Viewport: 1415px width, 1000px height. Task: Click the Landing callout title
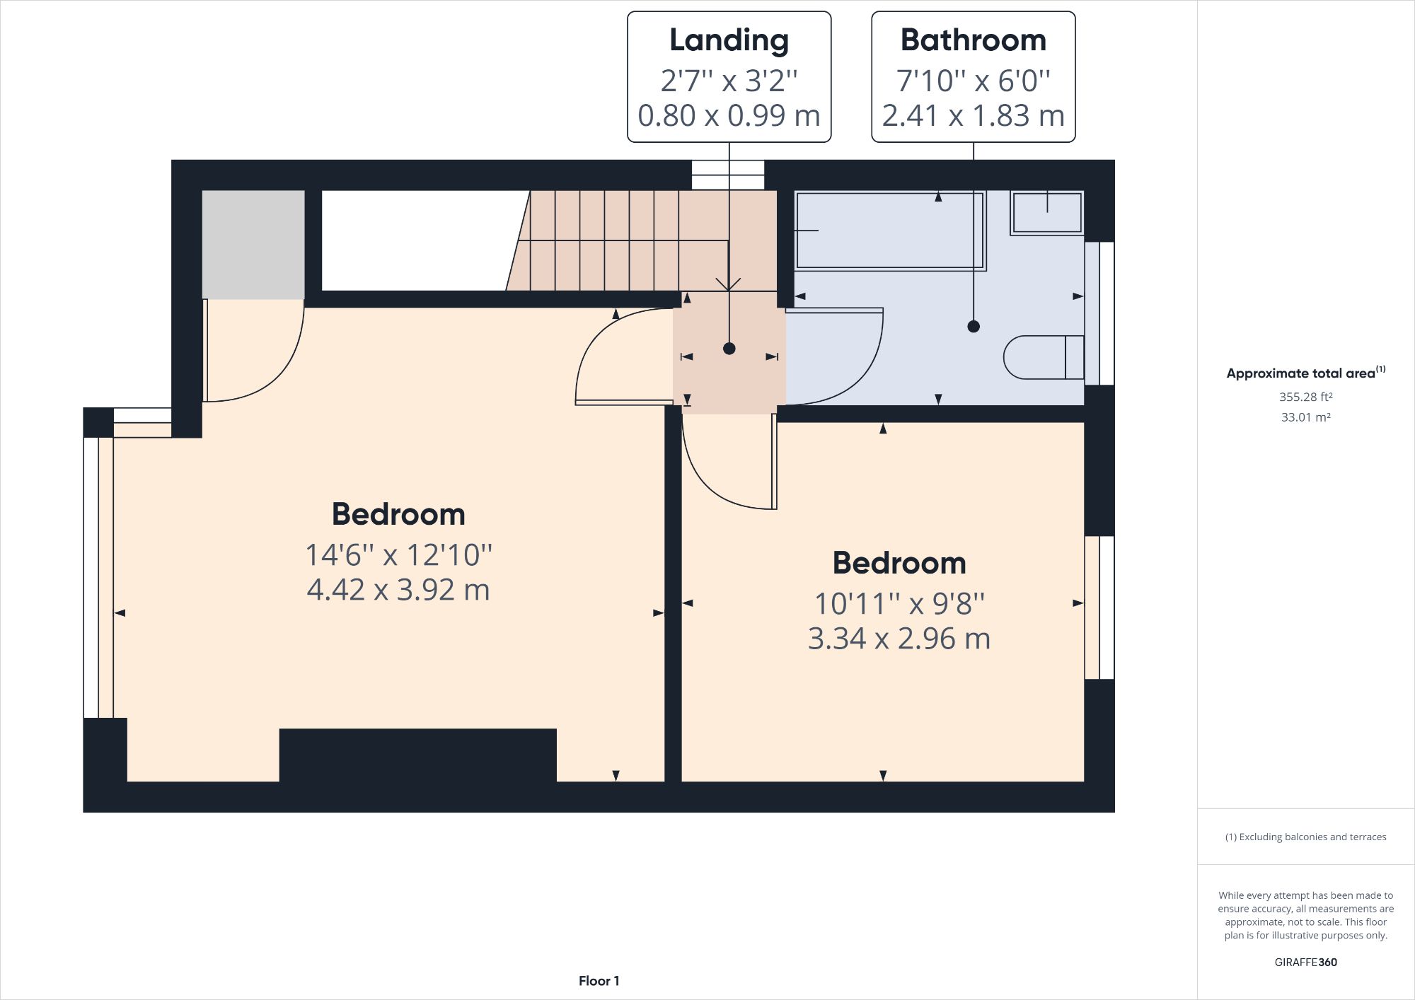(729, 40)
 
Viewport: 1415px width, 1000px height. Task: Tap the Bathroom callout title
(973, 40)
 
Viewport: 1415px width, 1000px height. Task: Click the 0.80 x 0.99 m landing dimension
(729, 115)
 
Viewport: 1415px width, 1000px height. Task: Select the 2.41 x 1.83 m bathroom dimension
(973, 115)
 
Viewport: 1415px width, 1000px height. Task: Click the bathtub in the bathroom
(890, 231)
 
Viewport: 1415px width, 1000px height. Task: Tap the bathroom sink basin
(1047, 211)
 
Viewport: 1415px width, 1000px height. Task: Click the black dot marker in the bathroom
(974, 326)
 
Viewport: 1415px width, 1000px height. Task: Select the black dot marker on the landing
(729, 349)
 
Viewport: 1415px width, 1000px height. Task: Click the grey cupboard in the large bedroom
(253, 244)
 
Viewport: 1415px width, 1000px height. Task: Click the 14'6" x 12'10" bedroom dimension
(398, 555)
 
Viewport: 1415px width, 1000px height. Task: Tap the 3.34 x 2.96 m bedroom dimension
(899, 639)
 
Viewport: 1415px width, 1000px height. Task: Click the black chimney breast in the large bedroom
(417, 755)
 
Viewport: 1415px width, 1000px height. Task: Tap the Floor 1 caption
(599, 981)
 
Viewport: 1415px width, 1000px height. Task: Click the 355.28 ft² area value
(1305, 397)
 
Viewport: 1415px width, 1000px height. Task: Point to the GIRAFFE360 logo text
(1305, 962)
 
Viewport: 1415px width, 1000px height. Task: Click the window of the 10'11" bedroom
(1099, 607)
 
